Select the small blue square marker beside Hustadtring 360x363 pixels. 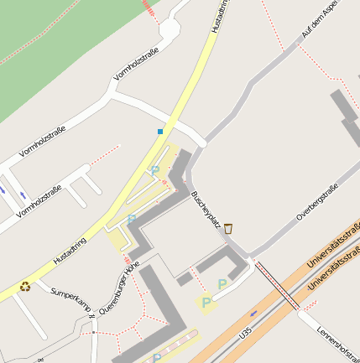pos(160,132)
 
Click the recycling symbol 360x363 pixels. pos(25,286)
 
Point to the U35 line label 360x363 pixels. pos(245,334)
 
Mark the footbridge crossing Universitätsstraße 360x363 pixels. pos(277,285)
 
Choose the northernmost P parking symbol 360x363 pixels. pos(155,170)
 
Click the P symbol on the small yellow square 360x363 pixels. pos(206,303)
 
